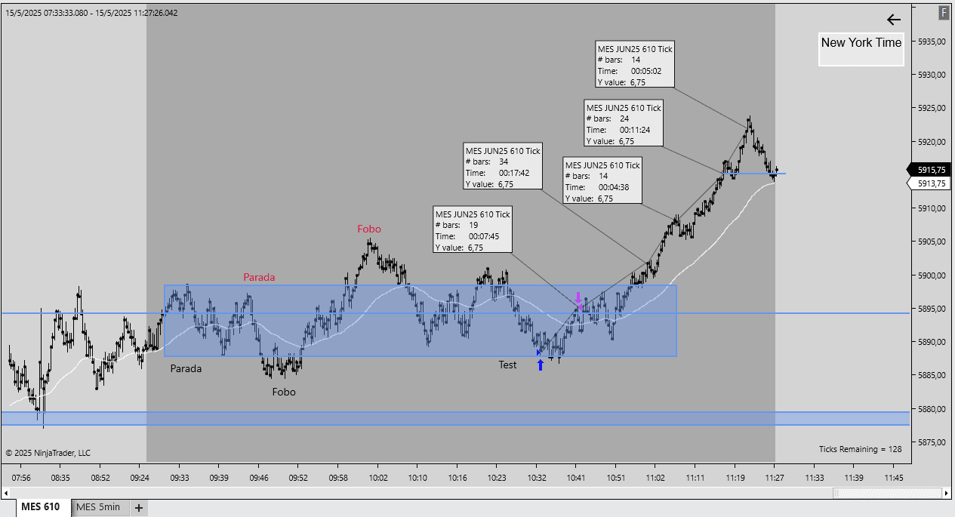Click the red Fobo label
[369, 229]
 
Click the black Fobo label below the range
[284, 392]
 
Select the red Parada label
[259, 277]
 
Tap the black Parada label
[186, 369]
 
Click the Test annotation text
[507, 365]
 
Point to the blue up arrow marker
[540, 365]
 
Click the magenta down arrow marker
[578, 297]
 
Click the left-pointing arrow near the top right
[894, 20]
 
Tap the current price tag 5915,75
[931, 170]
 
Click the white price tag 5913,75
[931, 183]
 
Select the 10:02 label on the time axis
[378, 478]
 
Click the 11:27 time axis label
[775, 478]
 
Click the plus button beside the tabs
[138, 507]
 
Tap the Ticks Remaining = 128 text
[860, 449]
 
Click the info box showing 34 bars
[503, 167]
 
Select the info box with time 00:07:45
[473, 230]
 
